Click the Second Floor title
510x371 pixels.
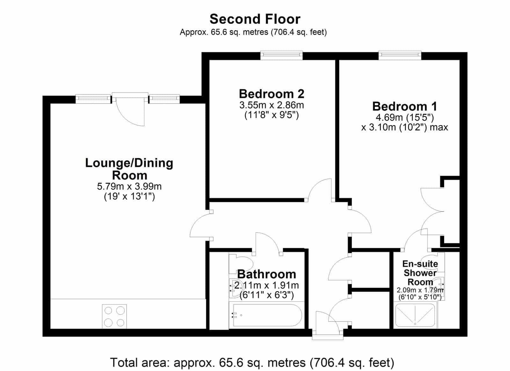255,19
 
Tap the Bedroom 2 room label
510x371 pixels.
272,94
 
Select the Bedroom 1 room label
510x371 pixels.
404,106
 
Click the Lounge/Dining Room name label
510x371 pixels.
129,169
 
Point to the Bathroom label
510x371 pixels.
266,274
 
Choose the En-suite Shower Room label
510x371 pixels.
420,273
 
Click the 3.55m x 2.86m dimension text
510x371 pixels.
272,105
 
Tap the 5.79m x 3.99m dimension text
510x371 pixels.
129,186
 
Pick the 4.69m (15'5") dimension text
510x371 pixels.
404,118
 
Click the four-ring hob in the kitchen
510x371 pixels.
114,316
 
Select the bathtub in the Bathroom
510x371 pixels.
267,315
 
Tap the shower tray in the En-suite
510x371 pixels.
415,315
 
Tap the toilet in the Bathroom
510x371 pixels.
241,264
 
